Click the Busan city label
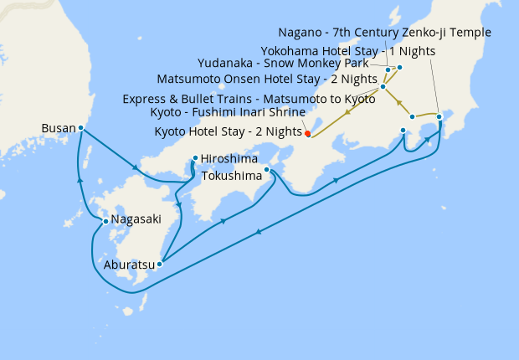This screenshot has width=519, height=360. [57, 129]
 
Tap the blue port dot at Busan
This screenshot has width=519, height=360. [80, 128]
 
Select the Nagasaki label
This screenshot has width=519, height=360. [134, 221]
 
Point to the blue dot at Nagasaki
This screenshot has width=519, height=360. [105, 221]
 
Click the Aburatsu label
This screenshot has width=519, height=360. [129, 265]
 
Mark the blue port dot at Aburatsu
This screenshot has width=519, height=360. [160, 264]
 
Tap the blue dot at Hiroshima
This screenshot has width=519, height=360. [195, 157]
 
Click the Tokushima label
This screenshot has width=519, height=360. [232, 176]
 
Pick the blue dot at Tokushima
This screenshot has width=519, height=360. [267, 170]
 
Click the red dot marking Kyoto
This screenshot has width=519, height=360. [308, 133]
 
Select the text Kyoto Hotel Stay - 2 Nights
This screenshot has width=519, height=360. [229, 131]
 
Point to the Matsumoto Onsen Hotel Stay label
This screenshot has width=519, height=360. [268, 80]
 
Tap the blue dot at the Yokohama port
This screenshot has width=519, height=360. [439, 116]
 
